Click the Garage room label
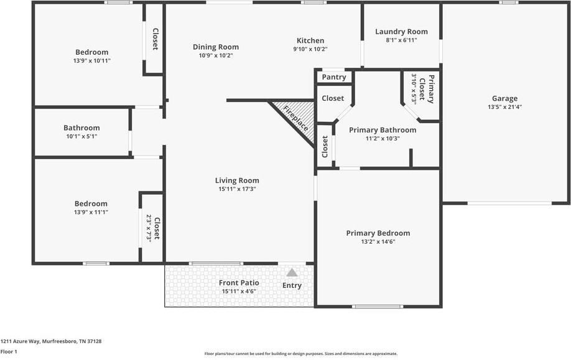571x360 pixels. (x=504, y=98)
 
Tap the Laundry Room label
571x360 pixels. (x=401, y=32)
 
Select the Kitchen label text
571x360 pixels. (x=310, y=40)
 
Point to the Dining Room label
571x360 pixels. (x=215, y=47)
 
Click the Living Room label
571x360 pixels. (x=239, y=181)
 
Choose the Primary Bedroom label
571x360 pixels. (x=378, y=233)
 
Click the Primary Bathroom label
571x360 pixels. (x=382, y=130)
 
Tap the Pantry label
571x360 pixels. (x=334, y=78)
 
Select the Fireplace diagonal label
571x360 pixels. (x=295, y=118)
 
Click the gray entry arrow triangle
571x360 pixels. (x=292, y=272)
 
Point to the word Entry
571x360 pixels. (x=292, y=285)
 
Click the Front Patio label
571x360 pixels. (x=239, y=283)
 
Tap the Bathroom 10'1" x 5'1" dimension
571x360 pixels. (x=81, y=136)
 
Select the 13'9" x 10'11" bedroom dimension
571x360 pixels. (x=91, y=61)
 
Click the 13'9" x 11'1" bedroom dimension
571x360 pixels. (x=91, y=212)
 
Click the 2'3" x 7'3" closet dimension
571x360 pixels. (x=149, y=228)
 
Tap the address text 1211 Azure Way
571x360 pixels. (x=51, y=341)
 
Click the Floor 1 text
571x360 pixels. (x=9, y=352)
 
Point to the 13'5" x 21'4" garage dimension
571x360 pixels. (x=504, y=107)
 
